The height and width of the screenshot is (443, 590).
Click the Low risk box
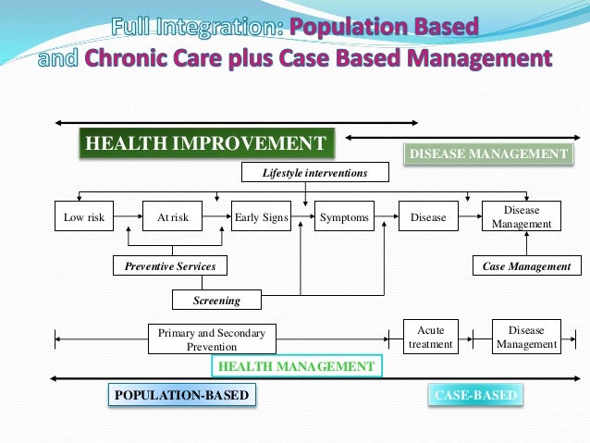[83, 218]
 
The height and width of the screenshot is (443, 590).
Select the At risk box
[173, 218]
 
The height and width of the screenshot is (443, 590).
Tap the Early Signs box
[261, 218]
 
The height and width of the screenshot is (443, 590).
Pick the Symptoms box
[344, 218]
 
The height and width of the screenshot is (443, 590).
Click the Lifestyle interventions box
[314, 173]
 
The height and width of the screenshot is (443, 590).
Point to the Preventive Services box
[170, 266]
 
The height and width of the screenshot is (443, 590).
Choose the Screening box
[216, 300]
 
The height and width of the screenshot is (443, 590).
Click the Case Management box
[527, 266]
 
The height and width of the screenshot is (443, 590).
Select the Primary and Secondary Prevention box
[212, 338]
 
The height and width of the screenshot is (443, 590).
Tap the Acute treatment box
[430, 338]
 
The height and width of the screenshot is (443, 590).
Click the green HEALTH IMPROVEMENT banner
[204, 143]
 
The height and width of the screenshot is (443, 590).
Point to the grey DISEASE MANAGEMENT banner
[487, 154]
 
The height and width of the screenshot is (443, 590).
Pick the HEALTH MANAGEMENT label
[296, 367]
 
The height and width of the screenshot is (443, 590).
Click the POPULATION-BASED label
[181, 396]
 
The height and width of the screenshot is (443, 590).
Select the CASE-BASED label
[475, 396]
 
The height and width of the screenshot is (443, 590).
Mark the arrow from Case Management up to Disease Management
[526, 244]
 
